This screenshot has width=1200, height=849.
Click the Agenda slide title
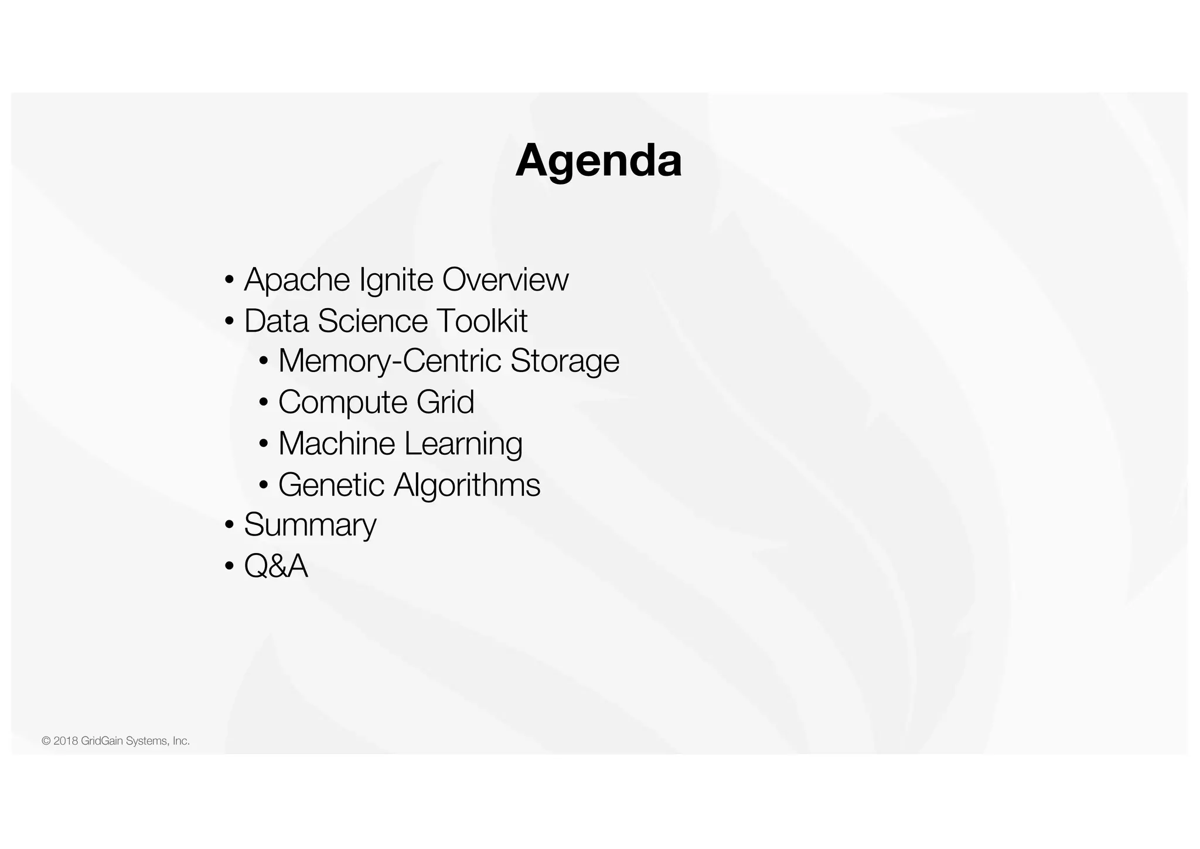click(x=598, y=161)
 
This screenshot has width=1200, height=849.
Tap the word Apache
click(x=297, y=279)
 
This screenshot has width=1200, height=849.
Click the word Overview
click(x=505, y=279)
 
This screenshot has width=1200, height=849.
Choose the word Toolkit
click(x=482, y=321)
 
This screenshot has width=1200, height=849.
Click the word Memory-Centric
click(x=389, y=361)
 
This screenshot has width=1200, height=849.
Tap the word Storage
click(x=564, y=361)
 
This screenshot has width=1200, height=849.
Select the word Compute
click(x=343, y=403)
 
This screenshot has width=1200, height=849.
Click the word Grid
click(x=445, y=403)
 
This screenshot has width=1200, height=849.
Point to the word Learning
click(x=463, y=444)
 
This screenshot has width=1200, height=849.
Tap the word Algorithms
click(x=466, y=485)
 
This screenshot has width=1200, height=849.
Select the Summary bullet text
click(x=310, y=525)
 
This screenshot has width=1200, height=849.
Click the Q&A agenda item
click(x=276, y=566)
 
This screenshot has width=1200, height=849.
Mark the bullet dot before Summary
click(x=229, y=525)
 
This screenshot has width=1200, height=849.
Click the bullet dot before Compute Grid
click(x=264, y=403)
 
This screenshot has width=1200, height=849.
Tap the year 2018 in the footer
click(x=66, y=741)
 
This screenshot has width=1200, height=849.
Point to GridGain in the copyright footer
click(x=102, y=741)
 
